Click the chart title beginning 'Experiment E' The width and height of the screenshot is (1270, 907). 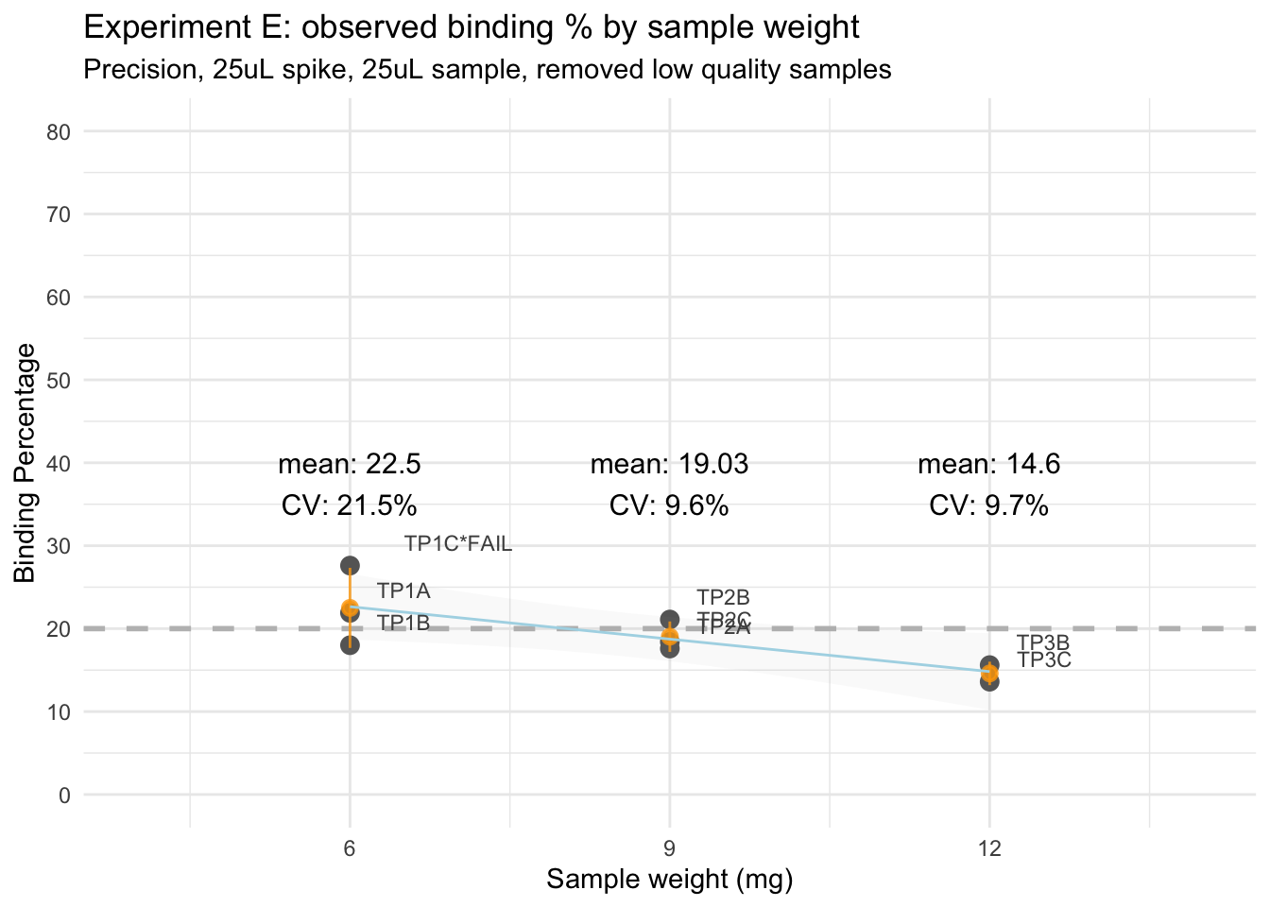pos(472,27)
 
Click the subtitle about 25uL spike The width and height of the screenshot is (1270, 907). pos(487,70)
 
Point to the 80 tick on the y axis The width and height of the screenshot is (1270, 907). pos(59,131)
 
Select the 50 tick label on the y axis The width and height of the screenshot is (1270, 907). pos(59,380)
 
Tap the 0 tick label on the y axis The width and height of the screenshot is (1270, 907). pos(64,795)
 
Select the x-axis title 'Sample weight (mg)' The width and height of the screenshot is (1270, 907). pos(670,880)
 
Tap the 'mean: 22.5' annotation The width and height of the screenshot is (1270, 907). pos(350,464)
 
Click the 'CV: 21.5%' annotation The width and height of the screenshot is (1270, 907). pos(350,505)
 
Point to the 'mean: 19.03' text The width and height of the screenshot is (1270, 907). pos(670,464)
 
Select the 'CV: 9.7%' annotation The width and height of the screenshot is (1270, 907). pos(989,505)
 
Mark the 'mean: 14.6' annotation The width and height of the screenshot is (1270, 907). pos(989,464)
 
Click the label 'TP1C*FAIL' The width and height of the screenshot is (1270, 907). pos(458,543)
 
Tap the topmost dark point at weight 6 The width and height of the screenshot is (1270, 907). pos(350,565)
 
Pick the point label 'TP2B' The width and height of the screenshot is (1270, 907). pos(723,597)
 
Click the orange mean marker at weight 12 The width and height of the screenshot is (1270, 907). pos(989,673)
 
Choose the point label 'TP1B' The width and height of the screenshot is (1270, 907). pos(403,623)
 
